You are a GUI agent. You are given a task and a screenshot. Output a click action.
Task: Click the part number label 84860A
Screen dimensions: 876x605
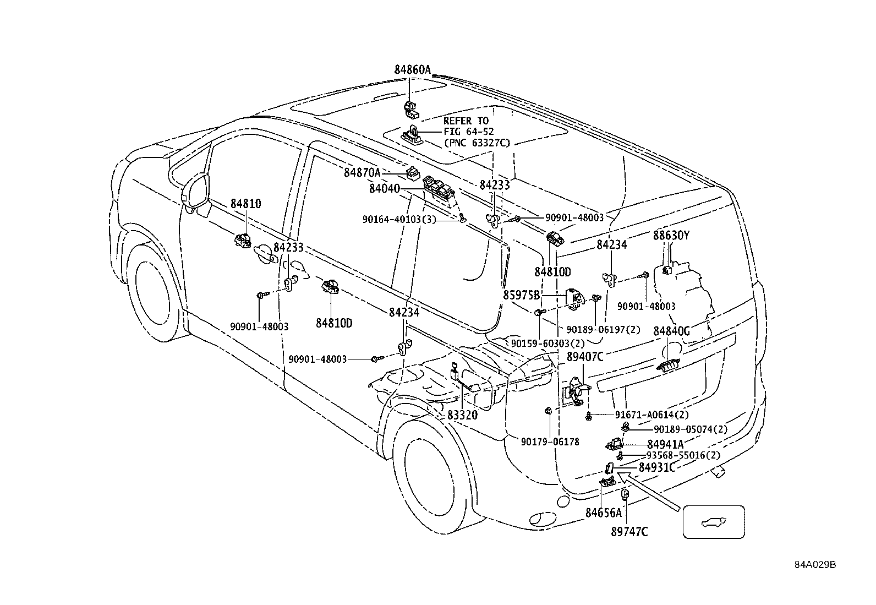coord(412,70)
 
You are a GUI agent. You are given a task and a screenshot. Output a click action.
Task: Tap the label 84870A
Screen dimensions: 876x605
coord(362,172)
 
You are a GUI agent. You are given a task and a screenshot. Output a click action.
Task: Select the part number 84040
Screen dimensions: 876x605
coord(385,189)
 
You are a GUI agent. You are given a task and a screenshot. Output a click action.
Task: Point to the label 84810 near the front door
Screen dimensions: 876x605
coord(245,204)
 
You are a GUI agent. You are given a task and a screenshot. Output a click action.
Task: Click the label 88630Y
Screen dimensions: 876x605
coord(671,235)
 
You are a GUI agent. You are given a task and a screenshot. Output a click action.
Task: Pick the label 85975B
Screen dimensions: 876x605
coord(521,295)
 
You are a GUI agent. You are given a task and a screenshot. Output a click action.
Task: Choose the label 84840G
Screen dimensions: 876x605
coord(671,331)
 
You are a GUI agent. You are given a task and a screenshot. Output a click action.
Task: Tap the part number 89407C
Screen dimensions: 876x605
coord(585,357)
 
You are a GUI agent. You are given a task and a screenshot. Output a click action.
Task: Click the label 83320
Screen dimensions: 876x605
coord(463,415)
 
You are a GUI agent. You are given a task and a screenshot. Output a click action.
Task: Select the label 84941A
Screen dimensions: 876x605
coord(665,445)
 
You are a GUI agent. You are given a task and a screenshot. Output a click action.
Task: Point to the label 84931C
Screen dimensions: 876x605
coord(658,467)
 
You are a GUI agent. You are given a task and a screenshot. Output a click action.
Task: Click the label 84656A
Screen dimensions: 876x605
coord(604,513)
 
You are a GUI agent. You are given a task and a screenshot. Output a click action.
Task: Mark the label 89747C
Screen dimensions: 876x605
coord(629,531)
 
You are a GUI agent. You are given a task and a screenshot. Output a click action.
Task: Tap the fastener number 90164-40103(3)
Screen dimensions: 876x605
coord(399,219)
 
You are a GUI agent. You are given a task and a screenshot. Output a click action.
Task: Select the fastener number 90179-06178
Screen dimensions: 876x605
coord(550,442)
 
